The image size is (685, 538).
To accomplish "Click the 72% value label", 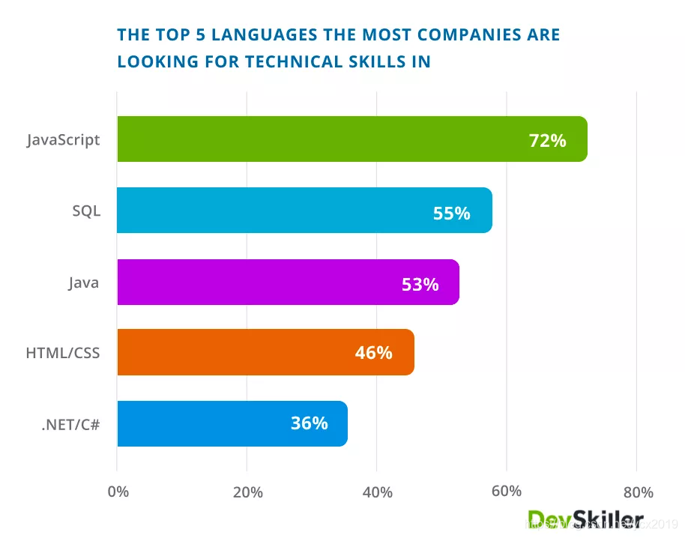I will pos(547,140).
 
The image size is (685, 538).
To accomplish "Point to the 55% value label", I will pos(451,213).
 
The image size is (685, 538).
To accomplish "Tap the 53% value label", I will pos(420,284).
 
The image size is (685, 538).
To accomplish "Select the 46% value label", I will pos(373,353).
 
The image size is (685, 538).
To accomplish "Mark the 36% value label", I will pos(309,423).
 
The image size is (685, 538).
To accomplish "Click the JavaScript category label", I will pos(63,140).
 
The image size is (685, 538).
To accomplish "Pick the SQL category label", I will pos(85,211).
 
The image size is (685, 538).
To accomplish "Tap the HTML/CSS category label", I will pos(63,353).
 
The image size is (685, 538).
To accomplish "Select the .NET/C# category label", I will pos(70,424).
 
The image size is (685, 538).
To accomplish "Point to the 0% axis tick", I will pos(118,492).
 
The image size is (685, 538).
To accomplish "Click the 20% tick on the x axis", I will pos(247,492).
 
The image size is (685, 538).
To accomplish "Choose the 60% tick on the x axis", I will pos(507,492).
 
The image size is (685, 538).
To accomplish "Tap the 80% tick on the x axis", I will pos(638,492).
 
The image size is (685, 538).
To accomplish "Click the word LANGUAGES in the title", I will pos(262,35).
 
